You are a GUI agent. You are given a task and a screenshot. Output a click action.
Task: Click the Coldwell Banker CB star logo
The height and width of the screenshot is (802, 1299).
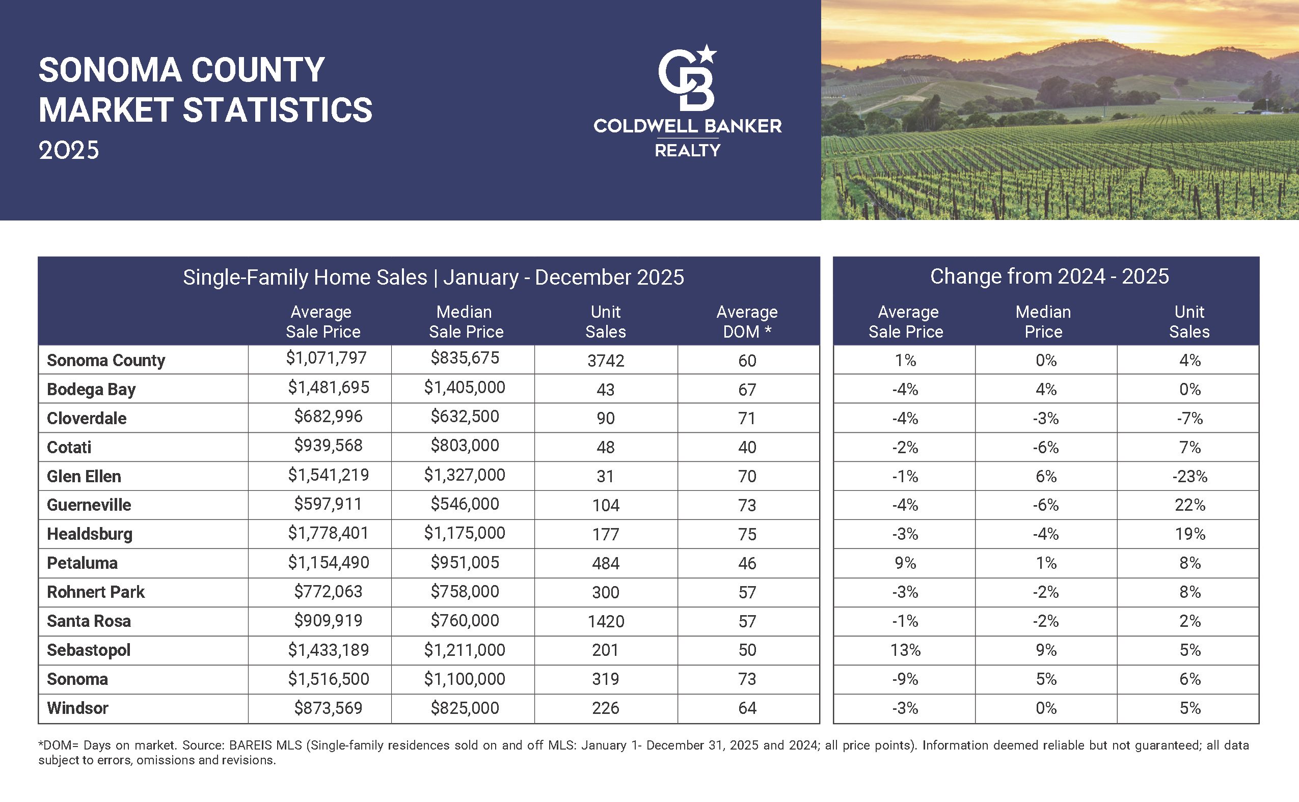coord(687,78)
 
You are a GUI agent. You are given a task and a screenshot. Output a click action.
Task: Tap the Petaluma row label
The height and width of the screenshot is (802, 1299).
coord(82,563)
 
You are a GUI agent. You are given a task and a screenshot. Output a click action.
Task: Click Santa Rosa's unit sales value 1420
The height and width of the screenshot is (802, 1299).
coord(606,621)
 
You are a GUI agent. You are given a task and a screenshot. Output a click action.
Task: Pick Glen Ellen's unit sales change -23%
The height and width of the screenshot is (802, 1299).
coord(1189,476)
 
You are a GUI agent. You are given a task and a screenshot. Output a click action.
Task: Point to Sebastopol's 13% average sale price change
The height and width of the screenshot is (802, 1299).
coord(905,650)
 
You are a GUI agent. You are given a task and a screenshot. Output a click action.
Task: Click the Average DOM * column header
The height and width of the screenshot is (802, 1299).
coord(747,321)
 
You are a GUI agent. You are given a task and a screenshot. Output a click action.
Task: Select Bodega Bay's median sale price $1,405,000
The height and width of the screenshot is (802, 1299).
coord(464,387)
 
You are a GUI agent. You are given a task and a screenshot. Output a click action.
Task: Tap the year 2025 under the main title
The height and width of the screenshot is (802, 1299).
coord(68,151)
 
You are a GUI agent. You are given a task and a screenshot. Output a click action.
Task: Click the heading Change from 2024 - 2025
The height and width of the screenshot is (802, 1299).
coord(1049,276)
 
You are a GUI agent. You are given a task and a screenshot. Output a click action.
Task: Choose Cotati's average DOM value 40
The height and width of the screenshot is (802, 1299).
coord(747,447)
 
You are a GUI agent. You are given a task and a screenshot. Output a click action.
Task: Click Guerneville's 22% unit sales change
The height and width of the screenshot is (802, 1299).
coord(1189,505)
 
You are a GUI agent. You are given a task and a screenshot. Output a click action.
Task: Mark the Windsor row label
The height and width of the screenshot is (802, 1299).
coord(77,708)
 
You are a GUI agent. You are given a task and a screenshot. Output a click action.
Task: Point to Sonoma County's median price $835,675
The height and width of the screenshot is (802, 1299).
coord(464,358)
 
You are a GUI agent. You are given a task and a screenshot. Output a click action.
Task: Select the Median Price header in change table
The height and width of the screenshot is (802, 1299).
coord(1043,321)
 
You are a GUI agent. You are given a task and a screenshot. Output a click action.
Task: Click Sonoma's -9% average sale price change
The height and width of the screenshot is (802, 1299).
coord(905,679)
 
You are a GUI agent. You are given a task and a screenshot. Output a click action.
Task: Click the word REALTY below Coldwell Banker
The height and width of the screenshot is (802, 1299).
coord(687,151)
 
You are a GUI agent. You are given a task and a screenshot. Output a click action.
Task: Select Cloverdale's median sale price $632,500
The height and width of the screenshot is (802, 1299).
coord(464,417)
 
